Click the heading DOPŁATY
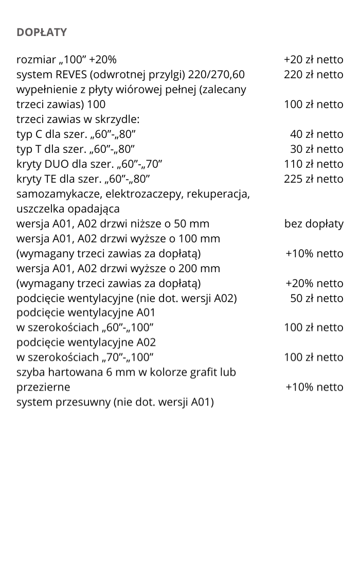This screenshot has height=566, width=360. (x=42, y=32)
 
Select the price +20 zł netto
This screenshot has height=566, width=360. (x=313, y=60)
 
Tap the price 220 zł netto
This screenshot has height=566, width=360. (x=313, y=75)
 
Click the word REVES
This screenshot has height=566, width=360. (x=70, y=75)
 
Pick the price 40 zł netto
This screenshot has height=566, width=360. (x=316, y=134)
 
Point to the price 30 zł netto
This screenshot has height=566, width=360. (x=316, y=149)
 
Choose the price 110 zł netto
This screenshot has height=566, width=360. (x=313, y=164)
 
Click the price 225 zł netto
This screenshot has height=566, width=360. (x=313, y=179)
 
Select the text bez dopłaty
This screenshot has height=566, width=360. (x=314, y=224)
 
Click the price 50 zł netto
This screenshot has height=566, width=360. (x=316, y=298)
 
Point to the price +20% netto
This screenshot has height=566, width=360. (x=314, y=284)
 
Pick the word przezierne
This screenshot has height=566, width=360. (x=43, y=387)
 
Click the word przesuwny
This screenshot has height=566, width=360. (x=80, y=402)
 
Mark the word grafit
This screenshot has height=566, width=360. (x=208, y=372)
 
